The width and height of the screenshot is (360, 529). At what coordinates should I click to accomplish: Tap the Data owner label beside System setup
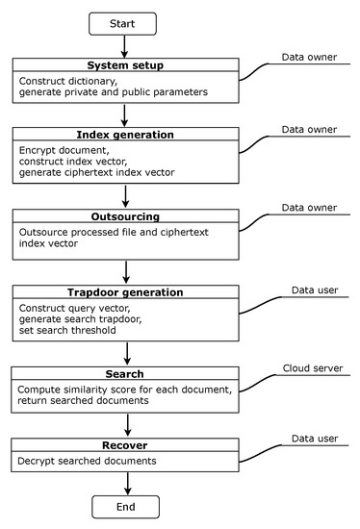[x=309, y=58]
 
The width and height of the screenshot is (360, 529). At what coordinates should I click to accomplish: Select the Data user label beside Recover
[x=308, y=439]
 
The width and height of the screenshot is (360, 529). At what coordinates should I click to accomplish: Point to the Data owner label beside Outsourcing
[x=309, y=208]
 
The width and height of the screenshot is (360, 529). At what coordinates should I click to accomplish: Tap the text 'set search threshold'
[x=67, y=331]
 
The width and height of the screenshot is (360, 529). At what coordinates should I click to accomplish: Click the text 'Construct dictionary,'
[x=67, y=83]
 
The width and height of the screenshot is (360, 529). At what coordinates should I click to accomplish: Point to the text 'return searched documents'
[x=79, y=401]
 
